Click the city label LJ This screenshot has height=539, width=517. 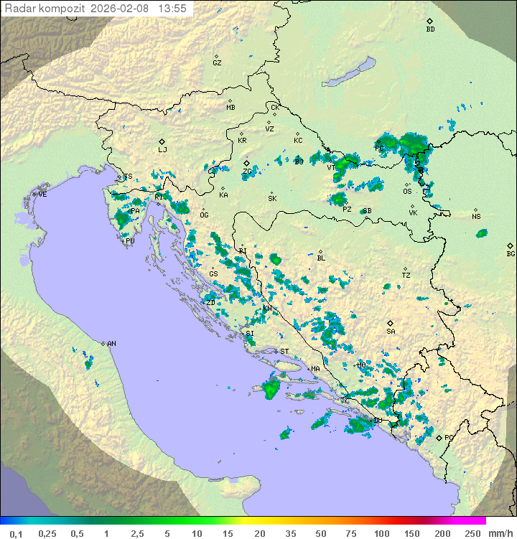[162, 150]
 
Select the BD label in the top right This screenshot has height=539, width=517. [430, 29]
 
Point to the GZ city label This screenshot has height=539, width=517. [217, 63]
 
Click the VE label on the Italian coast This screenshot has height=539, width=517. [42, 194]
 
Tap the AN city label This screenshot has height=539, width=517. [111, 344]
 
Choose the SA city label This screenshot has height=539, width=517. [391, 332]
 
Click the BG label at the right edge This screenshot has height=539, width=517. [511, 254]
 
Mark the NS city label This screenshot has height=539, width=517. [476, 217]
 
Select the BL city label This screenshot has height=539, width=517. [321, 258]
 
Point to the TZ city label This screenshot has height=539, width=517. [406, 276]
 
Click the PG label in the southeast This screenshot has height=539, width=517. [449, 437]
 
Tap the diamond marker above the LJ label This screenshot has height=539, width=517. [162, 141]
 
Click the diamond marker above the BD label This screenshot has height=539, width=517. [429, 21]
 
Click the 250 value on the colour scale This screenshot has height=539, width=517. [472, 533]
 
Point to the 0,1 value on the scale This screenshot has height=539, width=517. [16, 533]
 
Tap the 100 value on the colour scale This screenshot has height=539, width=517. [381, 533]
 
